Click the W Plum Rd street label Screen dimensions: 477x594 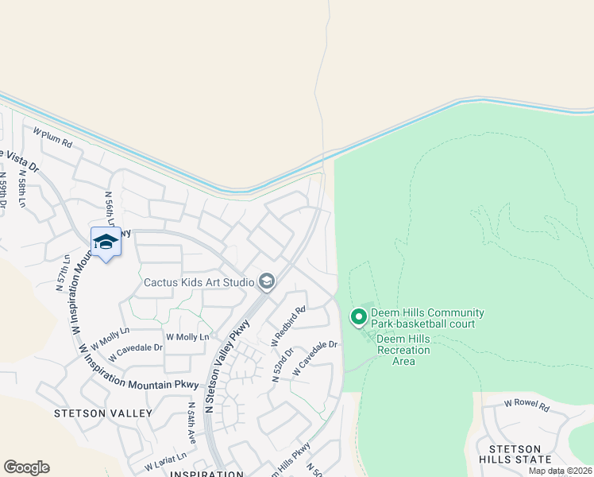(52, 137)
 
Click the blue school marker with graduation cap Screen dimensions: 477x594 (106, 242)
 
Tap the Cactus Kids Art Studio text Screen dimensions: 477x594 (199, 282)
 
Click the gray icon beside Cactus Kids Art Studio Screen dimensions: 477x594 (267, 281)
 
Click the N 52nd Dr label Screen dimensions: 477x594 (283, 365)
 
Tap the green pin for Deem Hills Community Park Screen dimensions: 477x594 (358, 317)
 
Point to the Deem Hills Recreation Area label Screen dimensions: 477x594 (403, 350)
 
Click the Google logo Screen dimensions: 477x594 (26, 467)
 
